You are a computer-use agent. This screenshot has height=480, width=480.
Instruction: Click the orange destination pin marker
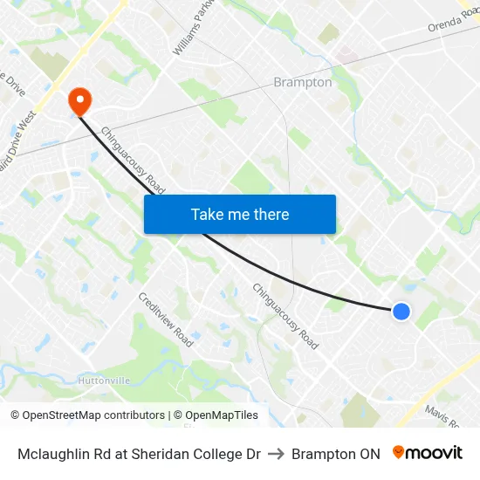coord(79,101)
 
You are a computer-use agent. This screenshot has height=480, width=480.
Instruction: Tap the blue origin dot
coord(401,311)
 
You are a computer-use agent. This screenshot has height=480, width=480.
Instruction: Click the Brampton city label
coord(303,82)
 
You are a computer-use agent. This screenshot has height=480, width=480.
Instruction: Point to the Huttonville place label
coord(105,381)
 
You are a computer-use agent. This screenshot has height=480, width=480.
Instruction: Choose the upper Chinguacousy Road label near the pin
coord(134,161)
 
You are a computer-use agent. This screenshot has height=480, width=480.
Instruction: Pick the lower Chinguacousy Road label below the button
coord(285,316)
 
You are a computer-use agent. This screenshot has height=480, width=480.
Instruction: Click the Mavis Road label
coord(442,417)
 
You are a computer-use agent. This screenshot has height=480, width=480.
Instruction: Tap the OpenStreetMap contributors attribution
coord(88,415)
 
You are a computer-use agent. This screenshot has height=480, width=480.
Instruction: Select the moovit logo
coord(428,453)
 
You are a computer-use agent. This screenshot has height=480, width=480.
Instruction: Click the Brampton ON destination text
coord(336,454)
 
